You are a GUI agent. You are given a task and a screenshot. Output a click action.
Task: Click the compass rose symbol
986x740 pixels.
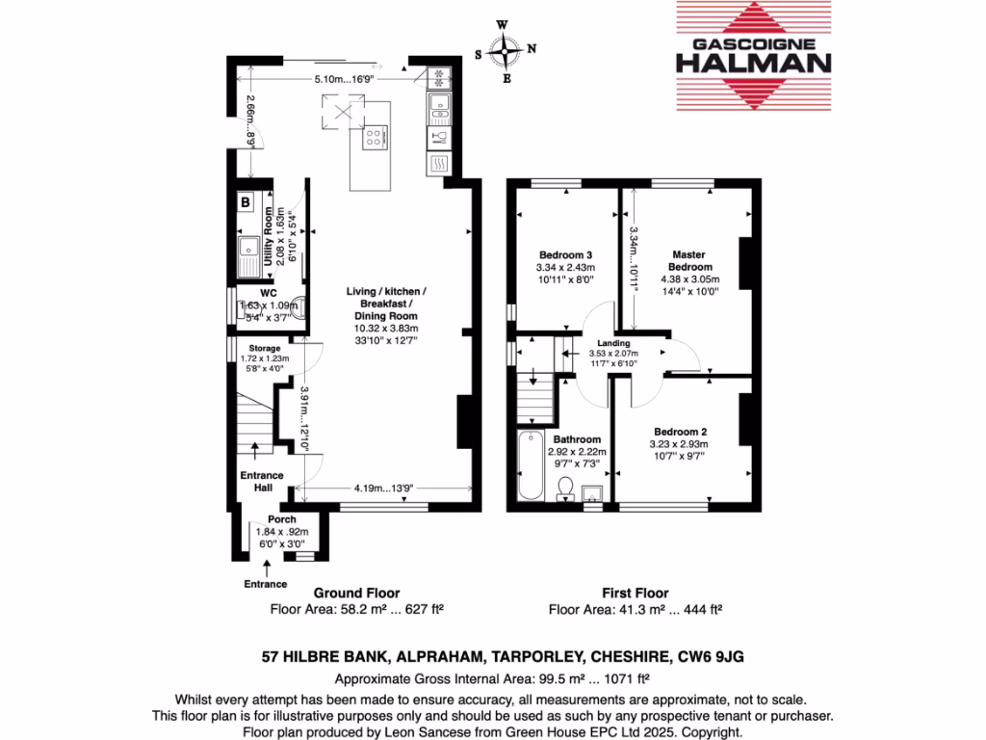(506, 49)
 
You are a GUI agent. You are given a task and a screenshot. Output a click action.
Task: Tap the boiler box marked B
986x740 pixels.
(246, 203)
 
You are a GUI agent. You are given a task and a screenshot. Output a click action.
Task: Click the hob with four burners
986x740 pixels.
(373, 138)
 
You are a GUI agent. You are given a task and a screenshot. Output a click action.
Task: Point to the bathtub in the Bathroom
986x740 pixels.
(529, 469)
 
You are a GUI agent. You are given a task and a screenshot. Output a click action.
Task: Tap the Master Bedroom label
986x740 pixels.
(691, 260)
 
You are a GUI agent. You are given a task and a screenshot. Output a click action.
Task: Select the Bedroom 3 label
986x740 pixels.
(565, 253)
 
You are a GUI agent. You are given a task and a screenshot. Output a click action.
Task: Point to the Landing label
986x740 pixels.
(613, 343)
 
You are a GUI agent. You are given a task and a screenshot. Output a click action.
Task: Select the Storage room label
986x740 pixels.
(265, 348)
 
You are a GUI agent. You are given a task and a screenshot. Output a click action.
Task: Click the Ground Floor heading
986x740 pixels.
(356, 594)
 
